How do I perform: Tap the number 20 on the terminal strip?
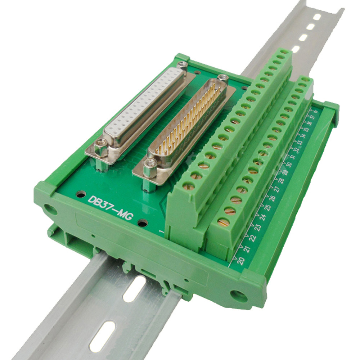tap(240, 260)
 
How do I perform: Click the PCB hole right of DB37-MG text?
tap(143, 223)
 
